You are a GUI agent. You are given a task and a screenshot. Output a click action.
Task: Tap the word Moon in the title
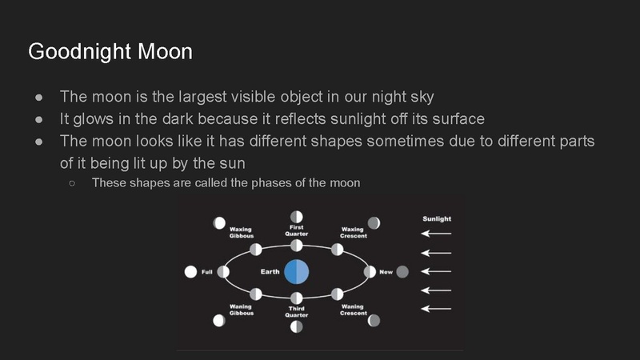pos(164,52)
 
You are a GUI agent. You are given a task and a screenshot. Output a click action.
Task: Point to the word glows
pos(94,119)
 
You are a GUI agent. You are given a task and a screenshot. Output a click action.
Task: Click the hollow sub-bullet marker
pos(72,183)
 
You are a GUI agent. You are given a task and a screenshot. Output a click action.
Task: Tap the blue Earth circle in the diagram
pos(296,272)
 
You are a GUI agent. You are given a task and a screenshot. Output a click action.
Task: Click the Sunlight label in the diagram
pos(436,218)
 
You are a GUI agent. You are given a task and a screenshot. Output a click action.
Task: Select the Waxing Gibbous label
pos(241,232)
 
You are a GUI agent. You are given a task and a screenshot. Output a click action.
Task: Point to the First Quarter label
pos(296,230)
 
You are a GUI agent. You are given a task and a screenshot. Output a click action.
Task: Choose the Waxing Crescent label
pos(352,232)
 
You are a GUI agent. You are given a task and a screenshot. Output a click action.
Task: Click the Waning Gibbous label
pos(241,310)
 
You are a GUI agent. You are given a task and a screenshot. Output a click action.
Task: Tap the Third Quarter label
pos(296,311)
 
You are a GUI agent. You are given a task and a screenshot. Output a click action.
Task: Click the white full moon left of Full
pos(190,272)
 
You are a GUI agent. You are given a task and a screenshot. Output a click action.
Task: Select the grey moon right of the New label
pos(402,272)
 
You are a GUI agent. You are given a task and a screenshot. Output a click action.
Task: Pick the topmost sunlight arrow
pos(436,234)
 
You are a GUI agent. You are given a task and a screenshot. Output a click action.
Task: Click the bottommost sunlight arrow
pos(436,308)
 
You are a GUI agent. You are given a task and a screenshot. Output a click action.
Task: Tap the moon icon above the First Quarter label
pos(296,216)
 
